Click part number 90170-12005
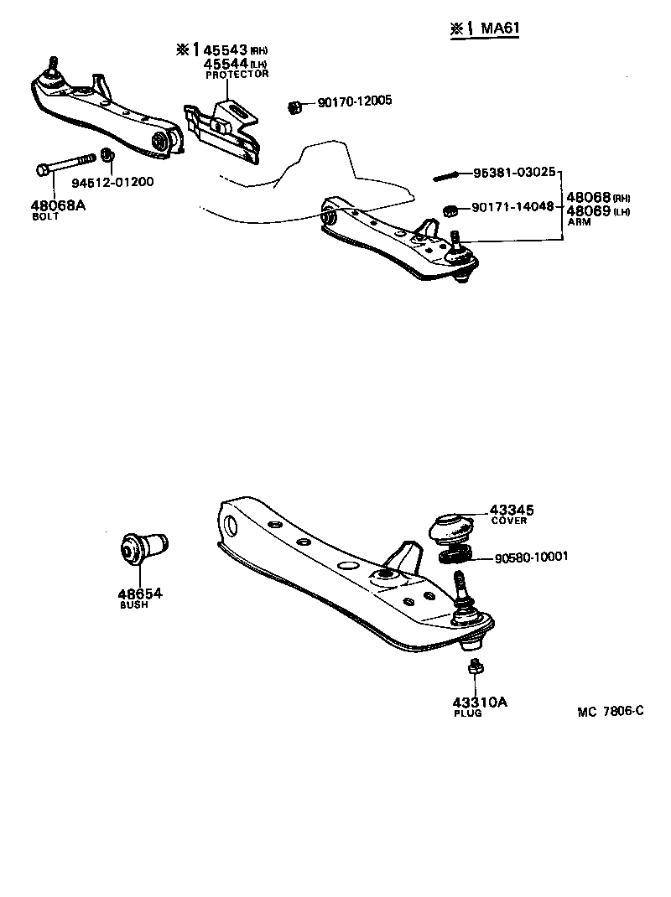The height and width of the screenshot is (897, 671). pos(355,102)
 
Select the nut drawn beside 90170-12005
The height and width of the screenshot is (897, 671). pos(294,106)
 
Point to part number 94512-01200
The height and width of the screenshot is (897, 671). pos(112,182)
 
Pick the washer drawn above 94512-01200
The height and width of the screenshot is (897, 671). pos(107,155)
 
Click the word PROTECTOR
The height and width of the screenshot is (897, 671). pos(237,75)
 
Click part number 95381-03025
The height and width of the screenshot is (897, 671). pos(513,173)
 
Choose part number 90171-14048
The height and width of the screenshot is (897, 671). pos(512,206)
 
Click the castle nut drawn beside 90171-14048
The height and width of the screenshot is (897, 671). pos(449,208)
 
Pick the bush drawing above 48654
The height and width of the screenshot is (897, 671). pos(143,550)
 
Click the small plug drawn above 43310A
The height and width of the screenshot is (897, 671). pos(475,667)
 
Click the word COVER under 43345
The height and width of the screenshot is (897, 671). pos(509,521)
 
